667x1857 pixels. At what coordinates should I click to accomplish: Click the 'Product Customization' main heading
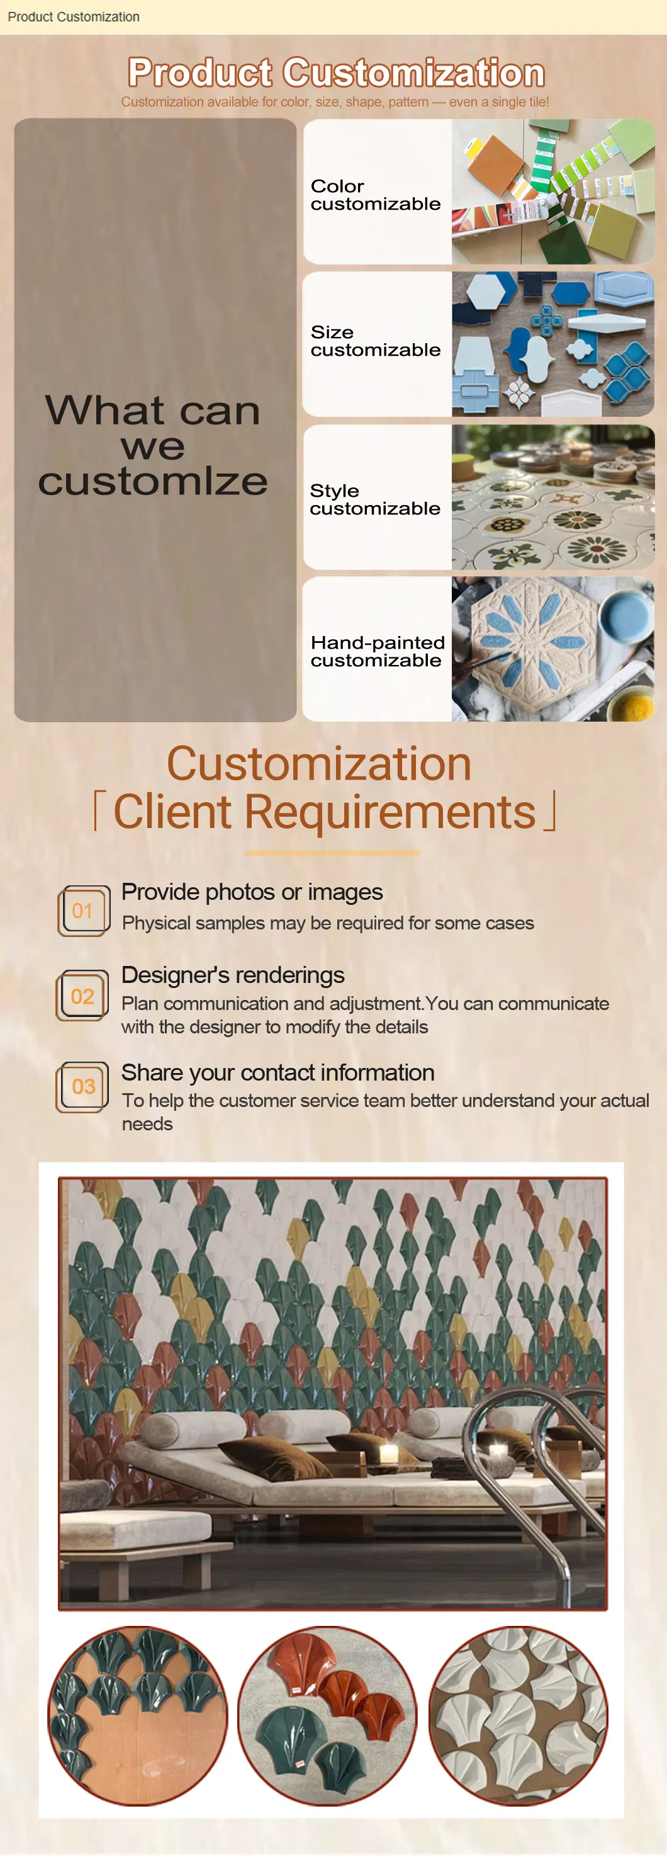coord(335,73)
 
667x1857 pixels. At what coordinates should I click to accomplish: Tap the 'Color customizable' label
coord(375,195)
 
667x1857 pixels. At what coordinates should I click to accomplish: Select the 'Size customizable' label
coord(375,341)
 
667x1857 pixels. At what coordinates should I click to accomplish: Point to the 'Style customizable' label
coord(374,499)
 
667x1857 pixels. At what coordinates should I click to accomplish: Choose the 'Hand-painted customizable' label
coord(378,651)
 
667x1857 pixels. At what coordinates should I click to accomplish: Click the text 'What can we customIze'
coord(153,445)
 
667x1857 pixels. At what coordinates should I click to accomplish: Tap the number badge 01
coord(84,911)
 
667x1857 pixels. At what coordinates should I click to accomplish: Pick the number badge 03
coord(83,1086)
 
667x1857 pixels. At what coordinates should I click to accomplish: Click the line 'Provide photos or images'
coord(252,892)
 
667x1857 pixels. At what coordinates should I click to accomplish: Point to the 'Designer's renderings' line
coord(233,975)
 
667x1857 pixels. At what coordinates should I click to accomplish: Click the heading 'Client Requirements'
coord(325,812)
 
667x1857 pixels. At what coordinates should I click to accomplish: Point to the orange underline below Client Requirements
coord(332,853)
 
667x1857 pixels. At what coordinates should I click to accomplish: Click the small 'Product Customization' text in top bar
coord(74,16)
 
